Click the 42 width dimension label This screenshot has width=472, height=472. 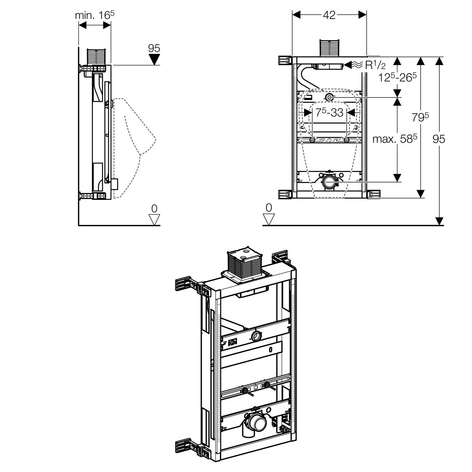tap(329, 15)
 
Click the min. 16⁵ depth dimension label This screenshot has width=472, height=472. tap(94, 15)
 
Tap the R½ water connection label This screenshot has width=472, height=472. tap(375, 65)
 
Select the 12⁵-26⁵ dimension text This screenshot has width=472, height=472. tap(397, 77)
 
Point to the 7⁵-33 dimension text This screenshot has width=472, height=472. tap(329, 112)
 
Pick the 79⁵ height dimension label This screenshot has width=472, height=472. tap(420, 117)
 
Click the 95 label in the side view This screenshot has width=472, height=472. tap(154, 48)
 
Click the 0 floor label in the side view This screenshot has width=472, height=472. tap(154, 208)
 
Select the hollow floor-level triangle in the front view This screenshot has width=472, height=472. tap(269, 219)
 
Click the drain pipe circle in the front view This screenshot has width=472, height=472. tap(329, 182)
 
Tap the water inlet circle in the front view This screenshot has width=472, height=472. tap(329, 98)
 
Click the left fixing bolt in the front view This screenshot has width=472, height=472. tap(312, 140)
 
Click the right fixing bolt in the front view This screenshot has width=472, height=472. tap(346, 140)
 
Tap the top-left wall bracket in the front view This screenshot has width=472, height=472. tap(284, 60)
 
